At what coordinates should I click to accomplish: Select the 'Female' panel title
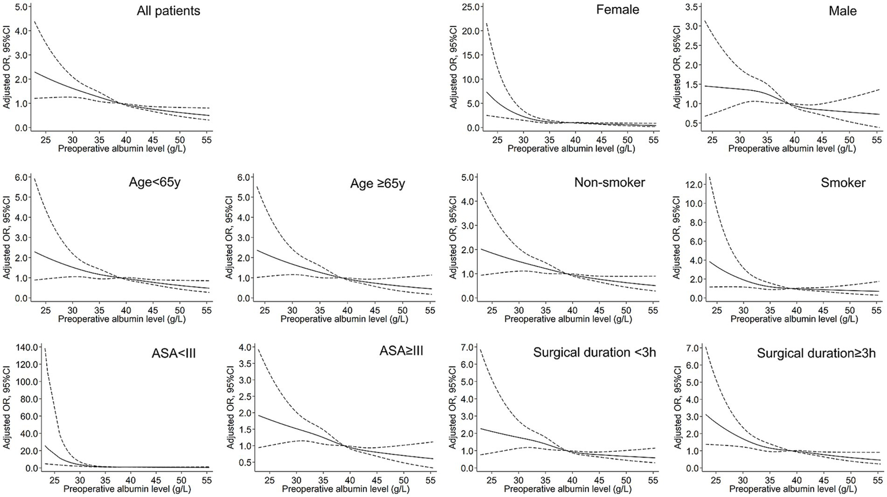pyautogui.click(x=618, y=10)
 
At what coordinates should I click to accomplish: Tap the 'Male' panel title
pyautogui.click(x=843, y=11)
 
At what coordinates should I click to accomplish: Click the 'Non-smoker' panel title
pyautogui.click(x=609, y=183)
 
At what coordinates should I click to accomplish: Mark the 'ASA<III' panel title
pyautogui.click(x=172, y=353)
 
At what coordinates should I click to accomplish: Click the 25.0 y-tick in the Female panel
pyautogui.click(x=466, y=7)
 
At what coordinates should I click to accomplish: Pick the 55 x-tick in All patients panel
pyautogui.click(x=206, y=139)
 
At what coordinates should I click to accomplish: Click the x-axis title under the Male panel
pyautogui.click(x=792, y=149)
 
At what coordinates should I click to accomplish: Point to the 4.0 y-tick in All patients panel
pyautogui.click(x=21, y=31)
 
